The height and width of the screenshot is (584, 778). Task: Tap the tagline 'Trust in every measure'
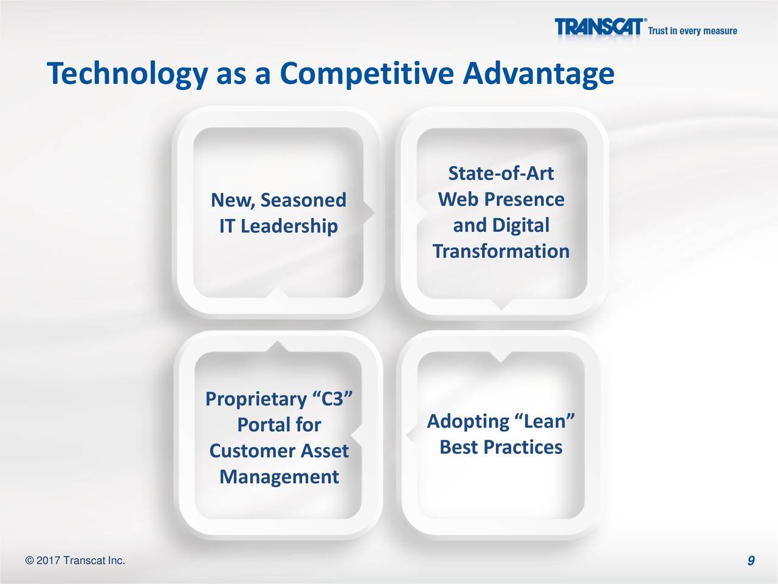(x=692, y=31)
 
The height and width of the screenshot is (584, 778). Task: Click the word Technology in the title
(x=127, y=74)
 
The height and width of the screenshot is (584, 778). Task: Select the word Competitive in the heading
(x=367, y=74)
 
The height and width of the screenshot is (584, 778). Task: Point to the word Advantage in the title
(x=539, y=74)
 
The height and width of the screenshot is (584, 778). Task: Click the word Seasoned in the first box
(x=303, y=200)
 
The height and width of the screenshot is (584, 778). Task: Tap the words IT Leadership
(x=278, y=226)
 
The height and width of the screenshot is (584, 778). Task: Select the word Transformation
(x=501, y=251)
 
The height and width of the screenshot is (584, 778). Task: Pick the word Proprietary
(x=256, y=400)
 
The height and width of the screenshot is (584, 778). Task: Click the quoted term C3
(x=332, y=398)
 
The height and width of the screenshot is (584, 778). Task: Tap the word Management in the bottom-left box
(x=280, y=478)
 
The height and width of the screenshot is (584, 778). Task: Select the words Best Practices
(x=501, y=447)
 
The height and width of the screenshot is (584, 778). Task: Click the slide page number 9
(x=751, y=561)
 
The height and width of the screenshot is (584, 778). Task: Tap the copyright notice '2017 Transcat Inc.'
(x=75, y=561)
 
